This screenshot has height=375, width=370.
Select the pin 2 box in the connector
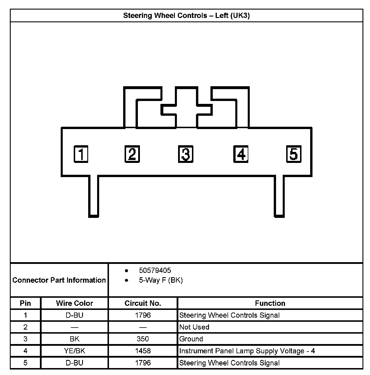click(x=132, y=154)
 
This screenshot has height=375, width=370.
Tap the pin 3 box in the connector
click(x=185, y=154)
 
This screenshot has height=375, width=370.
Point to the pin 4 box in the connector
click(x=241, y=154)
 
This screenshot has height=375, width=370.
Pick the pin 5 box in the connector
click(x=294, y=154)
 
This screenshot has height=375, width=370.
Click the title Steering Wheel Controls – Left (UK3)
click(x=186, y=15)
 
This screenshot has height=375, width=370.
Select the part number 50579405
click(x=155, y=270)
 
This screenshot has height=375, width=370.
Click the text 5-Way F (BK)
click(x=161, y=280)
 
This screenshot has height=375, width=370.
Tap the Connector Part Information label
click(x=59, y=280)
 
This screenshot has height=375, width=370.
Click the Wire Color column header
click(x=74, y=303)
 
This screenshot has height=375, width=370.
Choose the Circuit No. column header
click(x=143, y=303)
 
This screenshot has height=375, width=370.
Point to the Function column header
click(x=270, y=303)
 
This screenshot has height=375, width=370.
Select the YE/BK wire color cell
click(x=74, y=351)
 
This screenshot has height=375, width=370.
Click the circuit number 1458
click(x=143, y=351)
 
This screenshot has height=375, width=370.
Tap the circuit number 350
click(x=143, y=339)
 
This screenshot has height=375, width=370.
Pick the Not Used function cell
click(x=194, y=327)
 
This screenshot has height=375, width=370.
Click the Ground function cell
click(x=191, y=339)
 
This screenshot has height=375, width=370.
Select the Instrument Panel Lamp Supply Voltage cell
click(x=247, y=351)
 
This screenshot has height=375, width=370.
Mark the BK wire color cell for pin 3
click(x=74, y=339)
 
